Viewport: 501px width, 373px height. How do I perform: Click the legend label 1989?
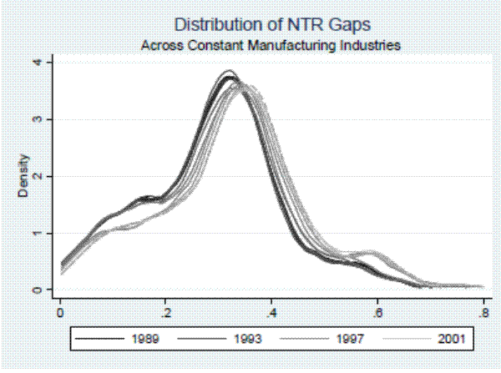pos(147,340)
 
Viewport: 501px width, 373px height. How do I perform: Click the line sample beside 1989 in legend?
pos(96,340)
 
